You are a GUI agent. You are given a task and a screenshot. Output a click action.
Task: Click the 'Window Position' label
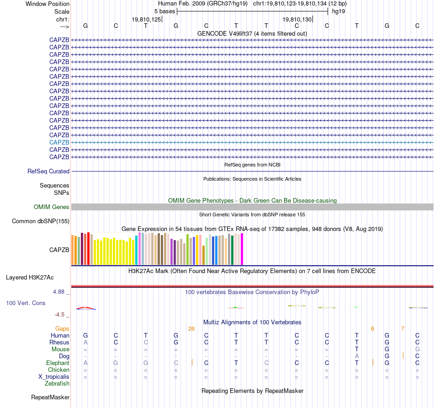48,4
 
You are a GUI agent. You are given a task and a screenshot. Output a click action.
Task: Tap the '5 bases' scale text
164,11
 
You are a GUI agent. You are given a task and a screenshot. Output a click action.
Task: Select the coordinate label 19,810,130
297,19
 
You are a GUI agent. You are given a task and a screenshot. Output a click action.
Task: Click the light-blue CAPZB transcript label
59,142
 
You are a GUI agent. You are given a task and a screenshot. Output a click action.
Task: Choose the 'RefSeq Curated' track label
48,171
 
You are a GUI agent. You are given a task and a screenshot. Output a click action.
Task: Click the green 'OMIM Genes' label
52,207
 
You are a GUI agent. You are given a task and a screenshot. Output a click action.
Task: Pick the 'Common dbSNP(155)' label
41,221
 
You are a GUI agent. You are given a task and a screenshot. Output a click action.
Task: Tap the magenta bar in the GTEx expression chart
242,249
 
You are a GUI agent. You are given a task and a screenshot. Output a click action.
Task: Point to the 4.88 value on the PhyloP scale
60,291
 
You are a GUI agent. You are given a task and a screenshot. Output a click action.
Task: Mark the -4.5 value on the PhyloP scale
62,315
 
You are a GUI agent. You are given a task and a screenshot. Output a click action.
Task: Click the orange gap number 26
191,328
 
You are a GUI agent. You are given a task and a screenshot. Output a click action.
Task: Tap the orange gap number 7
402,328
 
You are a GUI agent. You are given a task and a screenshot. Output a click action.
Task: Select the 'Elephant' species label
58,363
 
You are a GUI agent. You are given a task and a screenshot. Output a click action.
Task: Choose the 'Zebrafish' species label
57,384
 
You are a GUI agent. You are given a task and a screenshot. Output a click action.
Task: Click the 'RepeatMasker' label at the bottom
50,397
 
